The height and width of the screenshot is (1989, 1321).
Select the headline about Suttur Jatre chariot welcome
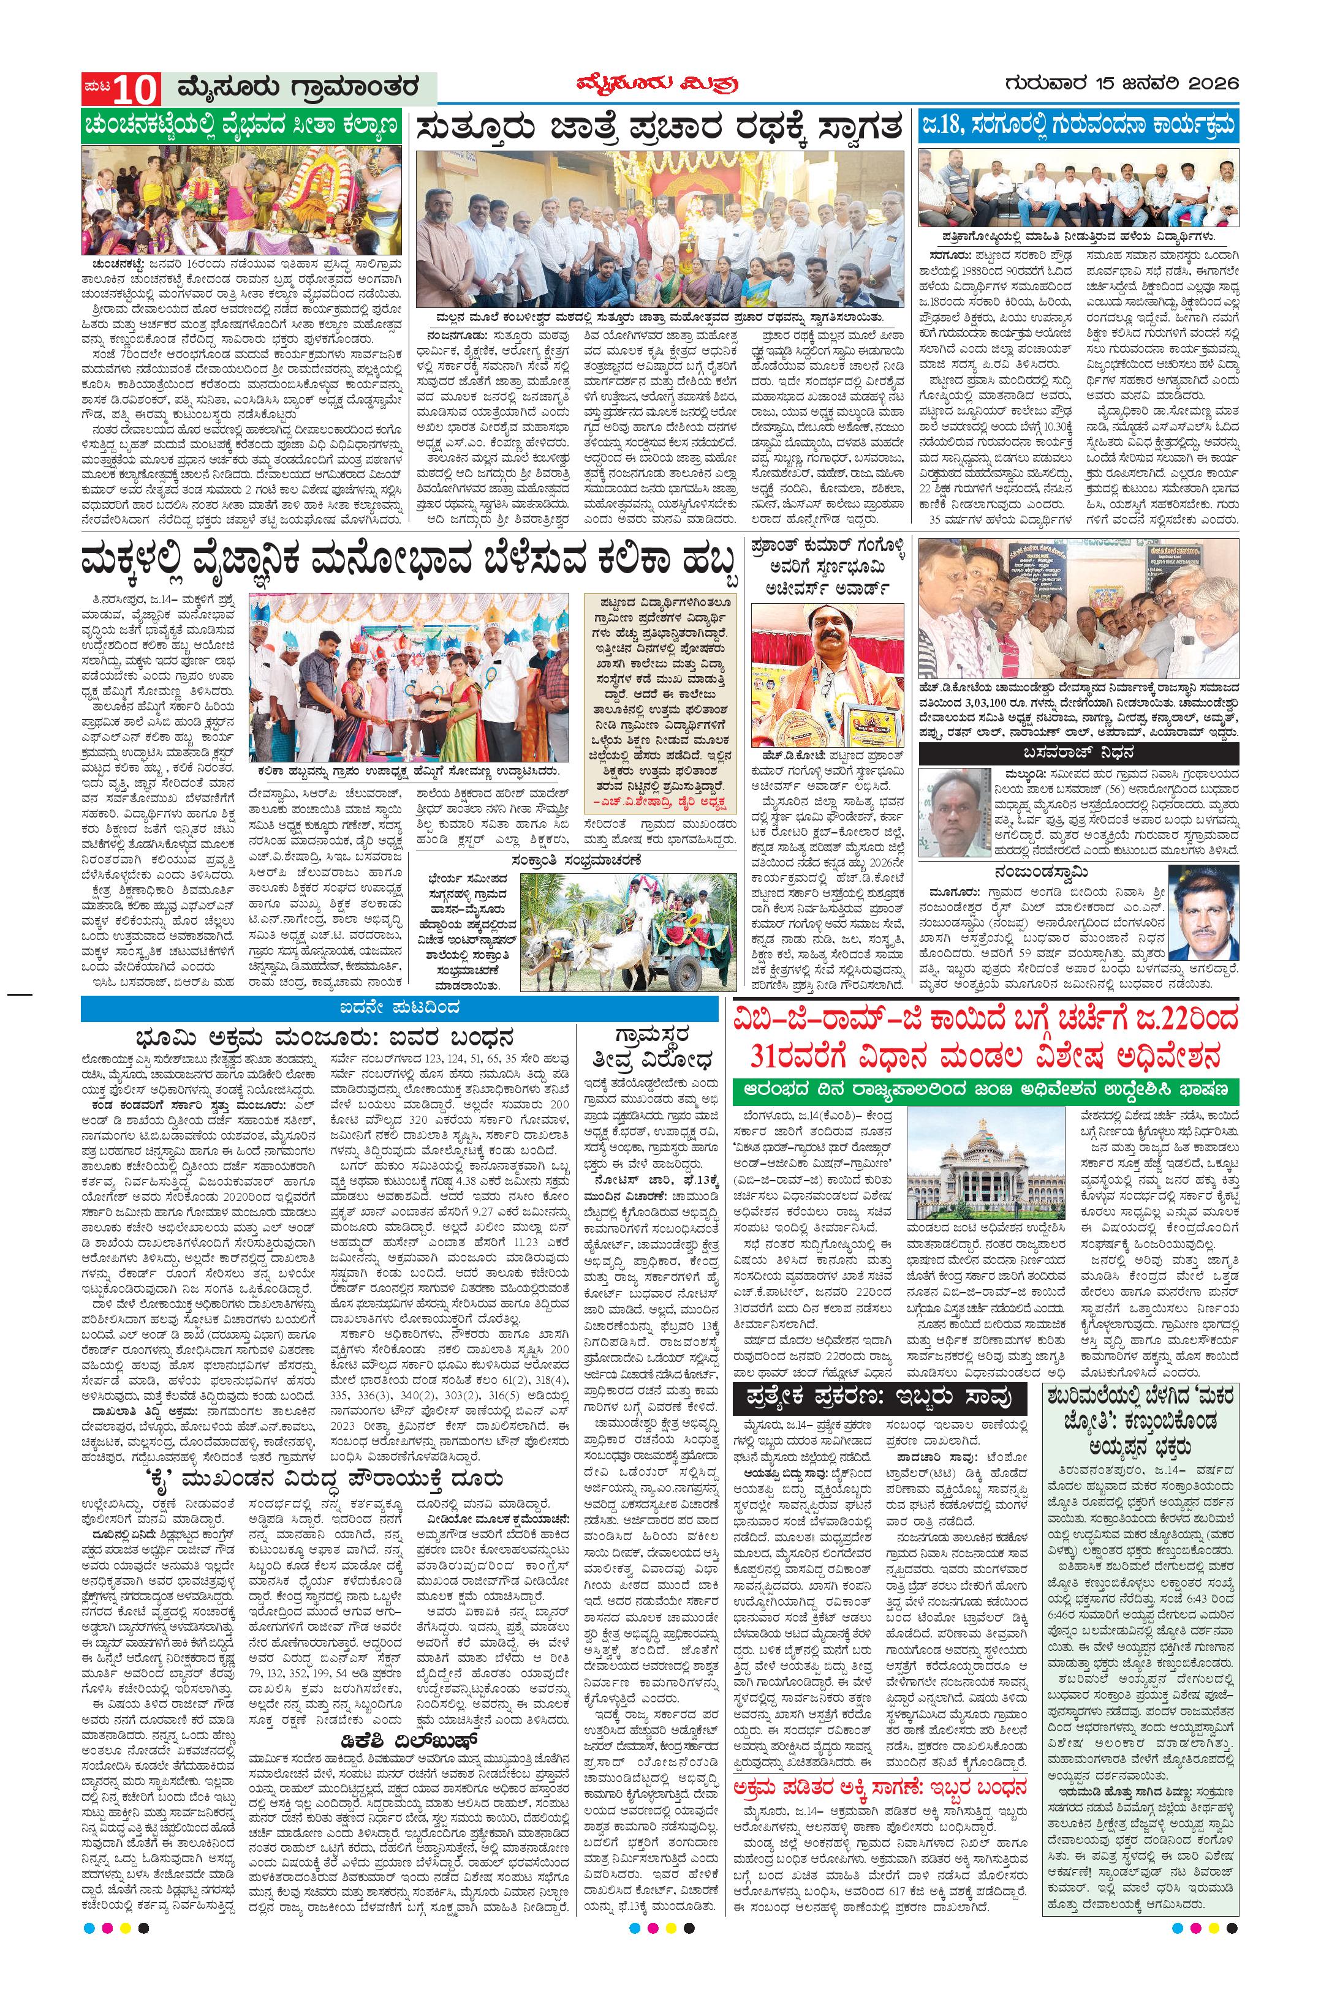(x=660, y=130)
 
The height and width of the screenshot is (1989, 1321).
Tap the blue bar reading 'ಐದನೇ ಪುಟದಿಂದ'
(x=399, y=1008)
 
